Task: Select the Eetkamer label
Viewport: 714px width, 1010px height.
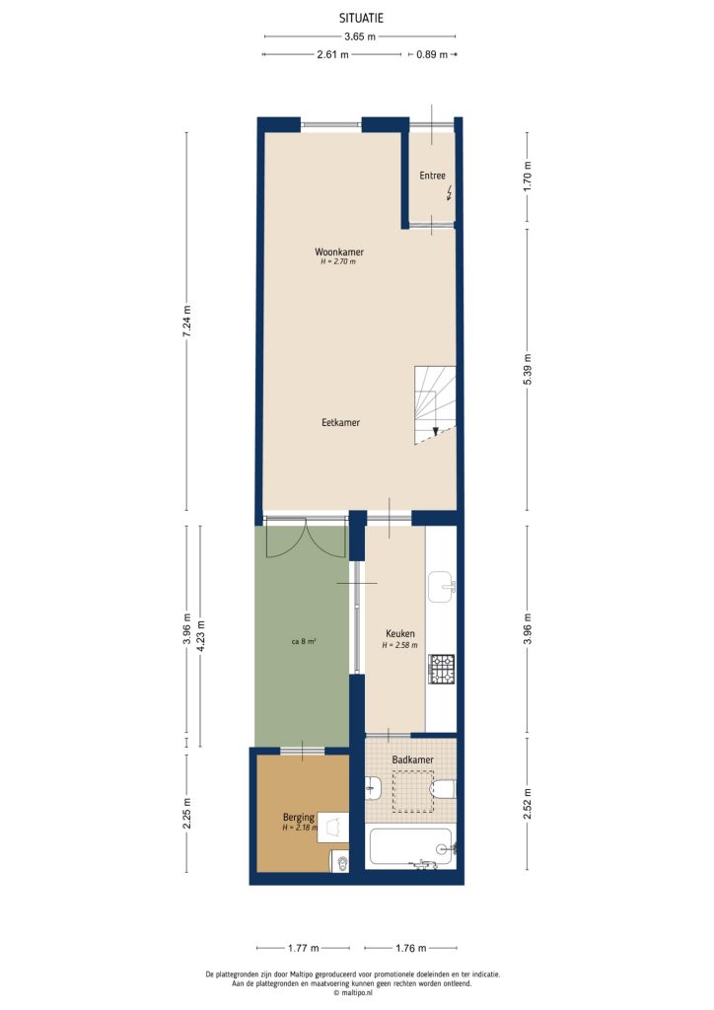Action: pos(340,422)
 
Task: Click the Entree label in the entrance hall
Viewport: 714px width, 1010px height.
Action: pos(432,177)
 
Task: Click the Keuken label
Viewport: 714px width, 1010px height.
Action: pos(399,634)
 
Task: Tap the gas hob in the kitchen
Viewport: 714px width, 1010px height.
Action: pos(441,670)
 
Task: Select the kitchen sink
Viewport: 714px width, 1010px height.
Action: pos(441,585)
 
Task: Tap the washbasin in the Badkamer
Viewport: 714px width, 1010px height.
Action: pos(374,788)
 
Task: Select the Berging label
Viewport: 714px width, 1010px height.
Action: pos(298,818)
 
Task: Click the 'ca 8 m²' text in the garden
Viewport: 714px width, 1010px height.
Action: pos(303,640)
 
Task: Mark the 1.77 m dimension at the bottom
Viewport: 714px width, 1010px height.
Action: pos(303,949)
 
